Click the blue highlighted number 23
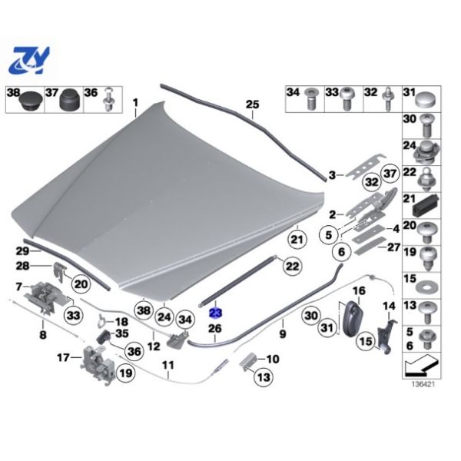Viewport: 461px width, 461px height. tap(215, 313)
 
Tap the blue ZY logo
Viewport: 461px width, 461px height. tap(29, 61)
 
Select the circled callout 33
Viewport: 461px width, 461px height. tap(74, 316)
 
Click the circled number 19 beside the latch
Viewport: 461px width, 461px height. tap(126, 373)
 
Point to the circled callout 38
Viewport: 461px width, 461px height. tap(144, 310)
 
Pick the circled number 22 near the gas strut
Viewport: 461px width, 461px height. tap(292, 267)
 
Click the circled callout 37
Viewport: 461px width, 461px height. tap(390, 174)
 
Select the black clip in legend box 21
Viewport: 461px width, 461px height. tap(426, 205)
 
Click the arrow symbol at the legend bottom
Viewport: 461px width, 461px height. tap(421, 366)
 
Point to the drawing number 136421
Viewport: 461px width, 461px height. tap(423, 384)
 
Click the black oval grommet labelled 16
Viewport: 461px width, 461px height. tap(352, 319)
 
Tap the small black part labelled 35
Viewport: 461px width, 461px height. tap(103, 336)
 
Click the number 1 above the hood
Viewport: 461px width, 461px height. tap(135, 103)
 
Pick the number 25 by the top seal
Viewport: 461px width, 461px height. tap(253, 104)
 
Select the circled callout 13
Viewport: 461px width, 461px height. tap(264, 376)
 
